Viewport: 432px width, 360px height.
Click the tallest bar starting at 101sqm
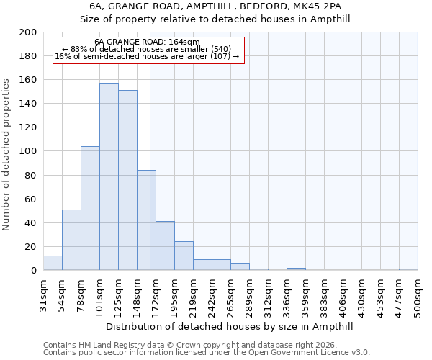pyautogui.click(x=109, y=176)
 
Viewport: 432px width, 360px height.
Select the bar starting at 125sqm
pyautogui.click(x=127, y=180)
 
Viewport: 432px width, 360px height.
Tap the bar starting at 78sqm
pyautogui.click(x=90, y=208)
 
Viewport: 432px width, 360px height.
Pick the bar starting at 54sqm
pyautogui.click(x=71, y=240)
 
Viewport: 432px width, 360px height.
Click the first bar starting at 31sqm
pyautogui.click(x=53, y=263)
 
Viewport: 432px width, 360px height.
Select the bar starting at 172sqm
pyautogui.click(x=165, y=246)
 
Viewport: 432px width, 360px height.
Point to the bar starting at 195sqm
pyautogui.click(x=184, y=256)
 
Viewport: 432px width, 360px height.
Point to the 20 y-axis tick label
pyautogui.click(x=31, y=247)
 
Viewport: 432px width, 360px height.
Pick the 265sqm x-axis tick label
pyautogui.click(x=230, y=294)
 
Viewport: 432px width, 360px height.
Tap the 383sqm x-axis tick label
pyautogui.click(x=324, y=294)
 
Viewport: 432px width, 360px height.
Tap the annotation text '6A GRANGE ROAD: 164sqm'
pyautogui.click(x=147, y=42)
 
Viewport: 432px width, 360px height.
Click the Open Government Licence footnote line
pyautogui.click(x=207, y=353)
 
